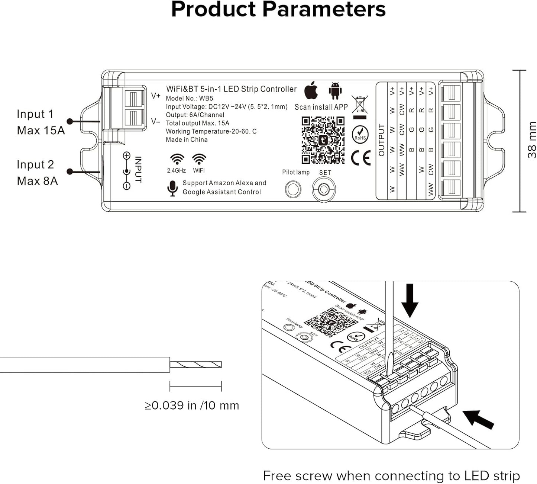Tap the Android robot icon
pyautogui.click(x=335, y=91)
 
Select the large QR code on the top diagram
pyautogui.click(x=323, y=140)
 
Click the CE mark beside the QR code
pyautogui.click(x=361, y=158)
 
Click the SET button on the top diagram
pyautogui.click(x=323, y=189)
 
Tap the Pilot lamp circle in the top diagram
pyautogui.click(x=293, y=189)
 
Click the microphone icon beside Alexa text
pyautogui.click(x=172, y=188)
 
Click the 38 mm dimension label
pyautogui.click(x=532, y=140)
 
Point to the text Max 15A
pyautogui.click(x=41, y=131)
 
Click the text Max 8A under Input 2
pyautogui.click(x=37, y=181)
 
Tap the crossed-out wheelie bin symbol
pyautogui.click(x=360, y=105)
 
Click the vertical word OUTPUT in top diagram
pyautogui.click(x=381, y=140)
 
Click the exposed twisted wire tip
pyautogui.click(x=196, y=365)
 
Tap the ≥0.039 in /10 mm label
pyautogui.click(x=192, y=405)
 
